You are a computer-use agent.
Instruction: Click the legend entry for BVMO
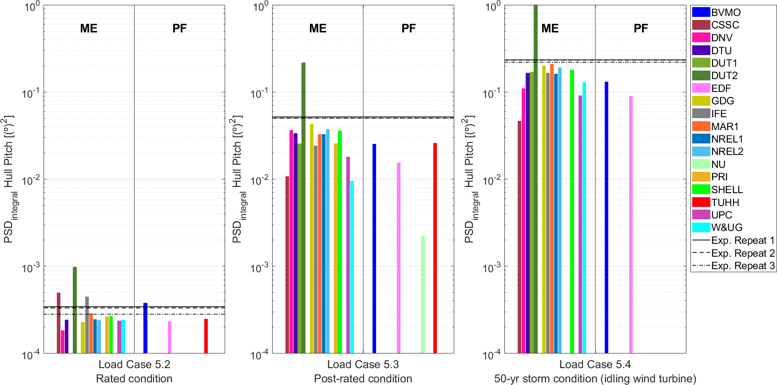(x=725, y=12)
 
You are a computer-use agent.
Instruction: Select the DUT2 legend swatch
(x=701, y=75)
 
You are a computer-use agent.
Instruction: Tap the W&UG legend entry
(x=726, y=227)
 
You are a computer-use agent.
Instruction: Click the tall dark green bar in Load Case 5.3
(x=303, y=204)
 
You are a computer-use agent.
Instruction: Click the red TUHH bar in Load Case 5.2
(x=206, y=336)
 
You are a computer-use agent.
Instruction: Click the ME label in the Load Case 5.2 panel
(x=89, y=28)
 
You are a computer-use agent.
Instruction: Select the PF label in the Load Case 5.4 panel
(x=641, y=28)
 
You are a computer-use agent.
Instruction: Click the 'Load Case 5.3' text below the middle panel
(x=363, y=365)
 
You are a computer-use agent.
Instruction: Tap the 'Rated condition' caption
(x=134, y=379)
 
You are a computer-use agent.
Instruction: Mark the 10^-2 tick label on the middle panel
(x=259, y=180)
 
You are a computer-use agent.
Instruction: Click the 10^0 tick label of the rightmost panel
(x=492, y=7)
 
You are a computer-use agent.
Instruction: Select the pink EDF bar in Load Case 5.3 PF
(x=399, y=258)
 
